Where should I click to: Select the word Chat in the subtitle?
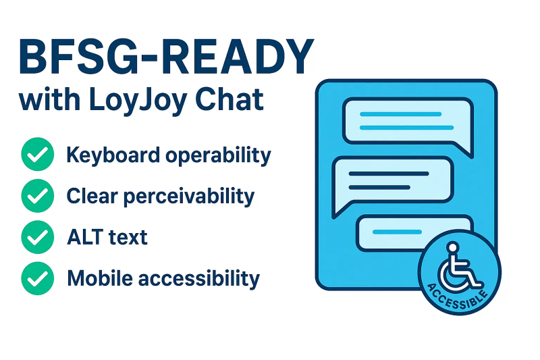click(230, 100)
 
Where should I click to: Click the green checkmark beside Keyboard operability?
click(38, 155)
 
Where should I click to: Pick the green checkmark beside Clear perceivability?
click(38, 196)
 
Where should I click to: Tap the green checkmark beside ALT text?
click(38, 237)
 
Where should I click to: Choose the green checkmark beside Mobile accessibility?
click(38, 278)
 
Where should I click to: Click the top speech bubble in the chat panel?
click(406, 120)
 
